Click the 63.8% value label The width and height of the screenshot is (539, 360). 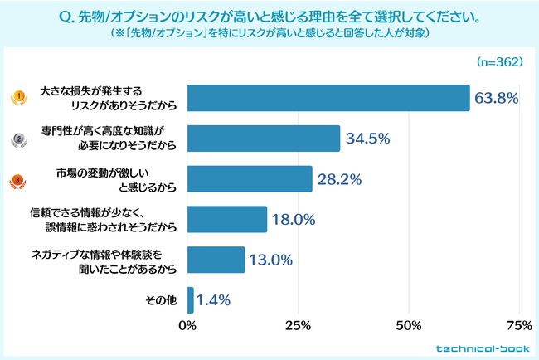point(497,98)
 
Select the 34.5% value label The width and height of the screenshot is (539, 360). point(367,139)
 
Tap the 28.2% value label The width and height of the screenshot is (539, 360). point(340,179)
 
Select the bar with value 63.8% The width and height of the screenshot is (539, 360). point(328,98)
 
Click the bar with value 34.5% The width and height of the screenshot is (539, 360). point(264,139)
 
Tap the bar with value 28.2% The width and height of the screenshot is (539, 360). point(250,179)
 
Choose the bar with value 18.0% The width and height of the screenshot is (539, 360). point(227,220)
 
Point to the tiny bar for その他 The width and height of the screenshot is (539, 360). point(191,300)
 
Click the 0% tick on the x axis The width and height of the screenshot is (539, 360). point(188,324)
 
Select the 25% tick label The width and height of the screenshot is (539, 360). point(299,324)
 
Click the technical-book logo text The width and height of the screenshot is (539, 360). point(483,349)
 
